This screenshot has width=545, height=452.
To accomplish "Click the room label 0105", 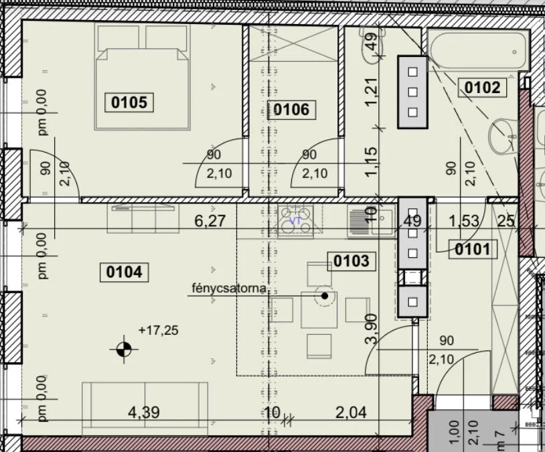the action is (x=129, y=102).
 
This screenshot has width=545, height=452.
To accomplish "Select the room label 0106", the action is (x=291, y=110).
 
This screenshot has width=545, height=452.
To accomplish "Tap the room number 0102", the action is (x=483, y=87).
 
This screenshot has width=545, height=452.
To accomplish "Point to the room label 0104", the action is (x=124, y=272).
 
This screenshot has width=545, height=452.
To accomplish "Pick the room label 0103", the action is (x=352, y=260).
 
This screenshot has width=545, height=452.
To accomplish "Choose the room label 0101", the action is (x=473, y=249).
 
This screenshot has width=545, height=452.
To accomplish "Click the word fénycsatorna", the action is (x=229, y=288).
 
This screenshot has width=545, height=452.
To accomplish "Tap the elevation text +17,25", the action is (x=159, y=330).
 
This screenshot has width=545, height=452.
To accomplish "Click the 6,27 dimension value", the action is (x=210, y=221).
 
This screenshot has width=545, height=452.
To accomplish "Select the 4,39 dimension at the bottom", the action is (x=144, y=412).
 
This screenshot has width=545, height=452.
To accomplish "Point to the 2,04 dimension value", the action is (x=351, y=412).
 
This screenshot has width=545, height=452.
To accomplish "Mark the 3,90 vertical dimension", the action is (x=371, y=329).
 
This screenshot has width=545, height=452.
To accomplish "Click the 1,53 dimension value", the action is (x=463, y=221).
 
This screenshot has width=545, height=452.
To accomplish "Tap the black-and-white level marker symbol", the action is (x=124, y=349).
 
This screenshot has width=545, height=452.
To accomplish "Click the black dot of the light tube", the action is (x=325, y=296).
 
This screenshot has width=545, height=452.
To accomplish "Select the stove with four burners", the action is (x=295, y=221).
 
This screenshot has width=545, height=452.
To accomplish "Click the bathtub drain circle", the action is (x=514, y=52).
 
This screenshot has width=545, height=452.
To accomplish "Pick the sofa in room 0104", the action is (x=145, y=409).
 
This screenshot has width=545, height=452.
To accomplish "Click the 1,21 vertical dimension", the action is (x=371, y=92).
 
